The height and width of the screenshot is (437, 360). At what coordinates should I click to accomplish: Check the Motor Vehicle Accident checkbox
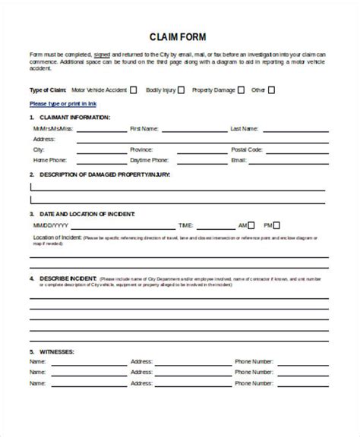click(134, 90)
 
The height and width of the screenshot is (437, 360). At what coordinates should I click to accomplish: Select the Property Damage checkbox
click(241, 90)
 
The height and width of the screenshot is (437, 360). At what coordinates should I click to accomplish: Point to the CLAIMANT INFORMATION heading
click(73, 118)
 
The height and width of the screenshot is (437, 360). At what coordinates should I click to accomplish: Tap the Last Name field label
click(245, 129)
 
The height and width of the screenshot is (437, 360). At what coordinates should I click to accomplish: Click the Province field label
click(143, 150)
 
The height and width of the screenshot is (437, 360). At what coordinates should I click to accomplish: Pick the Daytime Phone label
click(149, 161)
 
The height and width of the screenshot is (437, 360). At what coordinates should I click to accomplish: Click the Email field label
click(238, 161)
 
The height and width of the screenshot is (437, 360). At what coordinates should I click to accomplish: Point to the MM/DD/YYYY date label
click(51, 226)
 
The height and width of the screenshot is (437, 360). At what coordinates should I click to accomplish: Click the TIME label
click(185, 226)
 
